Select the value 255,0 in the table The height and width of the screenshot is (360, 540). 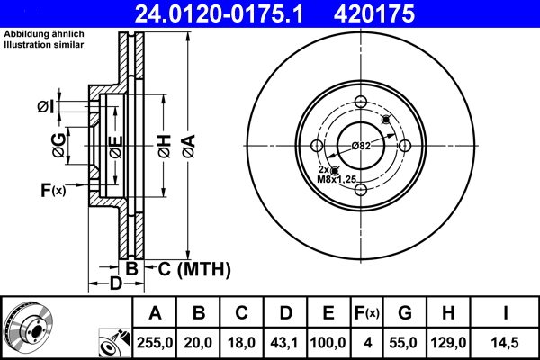tap(155, 342)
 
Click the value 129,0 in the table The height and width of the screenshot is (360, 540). tap(447, 342)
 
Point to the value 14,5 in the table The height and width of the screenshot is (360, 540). tap(505, 342)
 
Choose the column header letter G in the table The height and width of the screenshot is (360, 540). tap(405, 313)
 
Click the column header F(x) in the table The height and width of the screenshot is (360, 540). tap(366, 313)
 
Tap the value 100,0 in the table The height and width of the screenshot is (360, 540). tap(328, 342)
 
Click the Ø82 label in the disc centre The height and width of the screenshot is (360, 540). tap(362, 146)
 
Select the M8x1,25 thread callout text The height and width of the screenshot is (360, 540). tap(337, 178)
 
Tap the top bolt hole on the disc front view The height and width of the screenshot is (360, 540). tap(361, 102)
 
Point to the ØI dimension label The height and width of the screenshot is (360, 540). tap(46, 108)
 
